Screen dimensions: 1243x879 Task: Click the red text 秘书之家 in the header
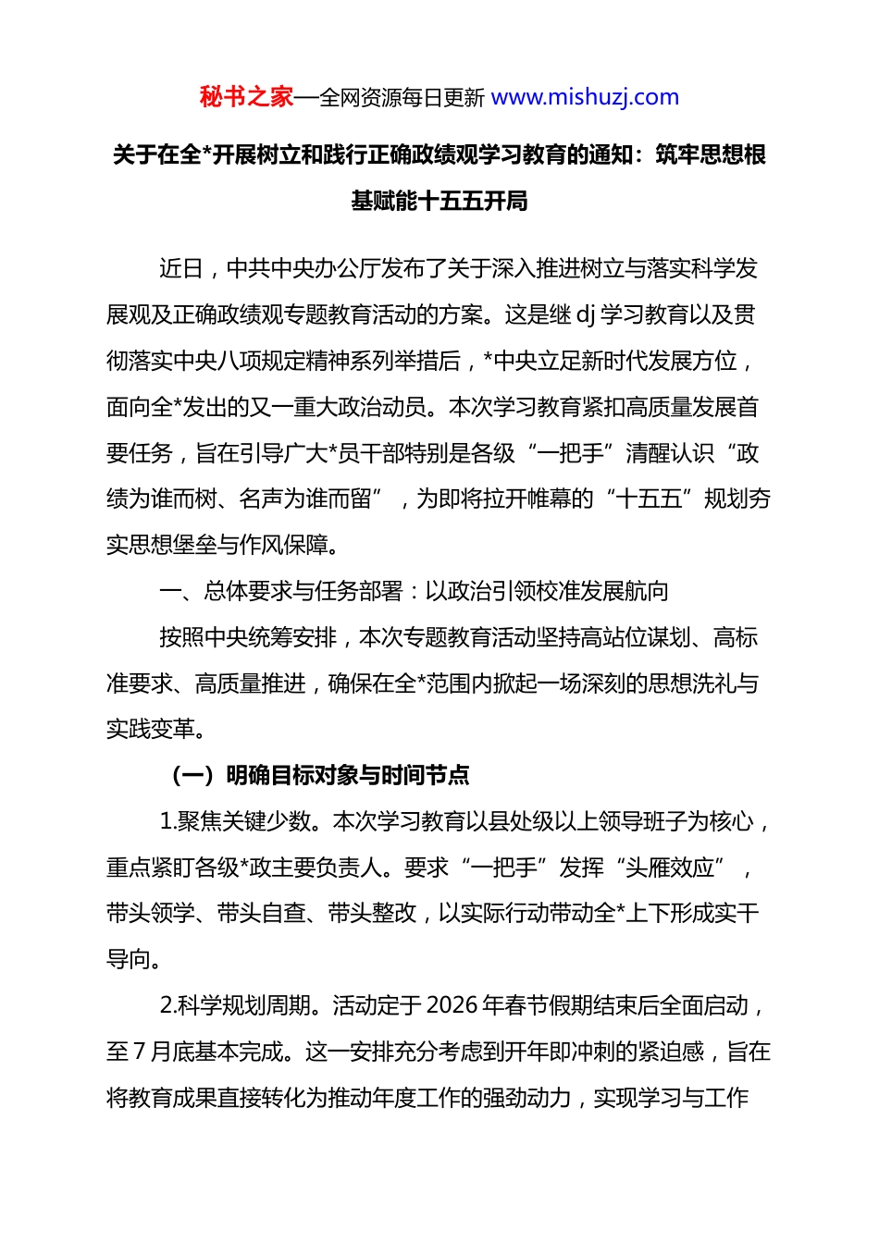click(x=246, y=97)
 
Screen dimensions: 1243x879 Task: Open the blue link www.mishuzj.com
click(x=585, y=97)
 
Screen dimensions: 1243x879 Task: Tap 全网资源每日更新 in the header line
click(x=402, y=98)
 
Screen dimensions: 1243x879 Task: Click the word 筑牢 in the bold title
click(x=677, y=154)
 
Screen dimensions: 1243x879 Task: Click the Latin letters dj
click(x=585, y=314)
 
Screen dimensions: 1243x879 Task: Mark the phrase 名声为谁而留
click(x=305, y=499)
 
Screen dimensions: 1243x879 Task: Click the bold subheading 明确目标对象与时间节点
click(x=348, y=775)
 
